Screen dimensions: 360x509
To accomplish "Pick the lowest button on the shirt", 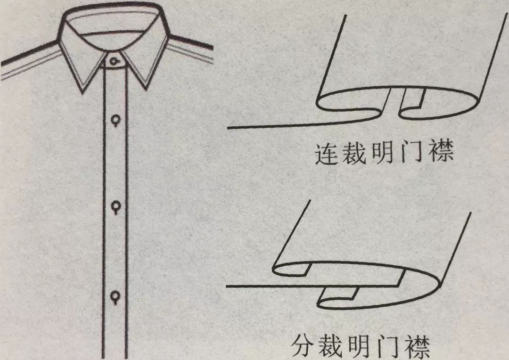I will click(x=115, y=296).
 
